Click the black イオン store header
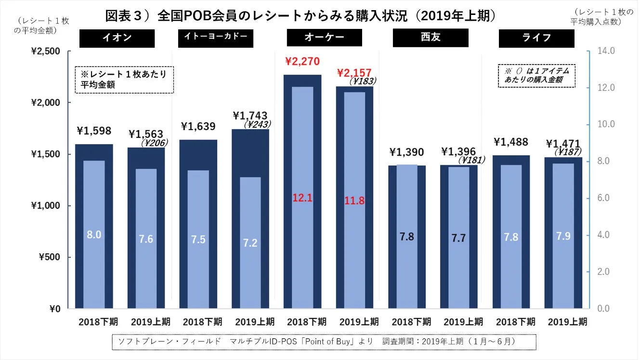pyautogui.click(x=117, y=38)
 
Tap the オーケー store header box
pyautogui.click(x=324, y=38)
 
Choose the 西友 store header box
pyautogui.click(x=431, y=38)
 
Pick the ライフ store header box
pyautogui.click(x=536, y=38)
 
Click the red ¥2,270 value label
pyautogui.click(x=302, y=62)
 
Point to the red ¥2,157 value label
pyautogui.click(x=354, y=72)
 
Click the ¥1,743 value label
pyautogui.click(x=249, y=116)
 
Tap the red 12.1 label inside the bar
pyautogui.click(x=302, y=198)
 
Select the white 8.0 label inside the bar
pyautogui.click(x=94, y=235)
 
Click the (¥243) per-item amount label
pyautogui.click(x=257, y=124)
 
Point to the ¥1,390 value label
pyautogui.click(x=406, y=152)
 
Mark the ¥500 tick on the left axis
pyautogui.click(x=50, y=257)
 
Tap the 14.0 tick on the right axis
pyautogui.click(x=606, y=51)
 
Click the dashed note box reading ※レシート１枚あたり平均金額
pyautogui.click(x=124, y=80)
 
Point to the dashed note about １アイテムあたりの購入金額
pyautogui.click(x=536, y=76)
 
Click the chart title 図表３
pyautogui.click(x=300, y=16)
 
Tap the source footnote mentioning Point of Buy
pyautogui.click(x=324, y=341)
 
